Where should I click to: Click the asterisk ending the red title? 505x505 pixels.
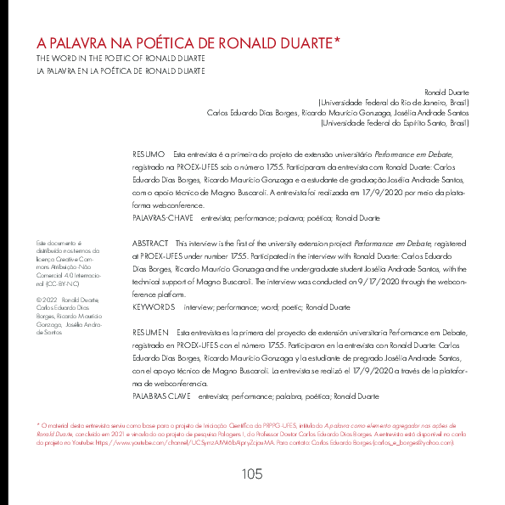pos(337,40)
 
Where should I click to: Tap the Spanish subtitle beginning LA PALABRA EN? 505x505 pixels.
pos(120,71)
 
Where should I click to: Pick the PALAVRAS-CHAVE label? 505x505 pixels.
pos(161,218)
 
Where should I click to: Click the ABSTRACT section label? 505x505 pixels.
pos(150,244)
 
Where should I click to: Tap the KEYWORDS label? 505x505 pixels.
pos(154,306)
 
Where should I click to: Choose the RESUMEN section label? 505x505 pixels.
pos(152,333)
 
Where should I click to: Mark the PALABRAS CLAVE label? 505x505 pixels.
pos(162,396)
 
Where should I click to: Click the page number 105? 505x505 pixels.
pos(252,474)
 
